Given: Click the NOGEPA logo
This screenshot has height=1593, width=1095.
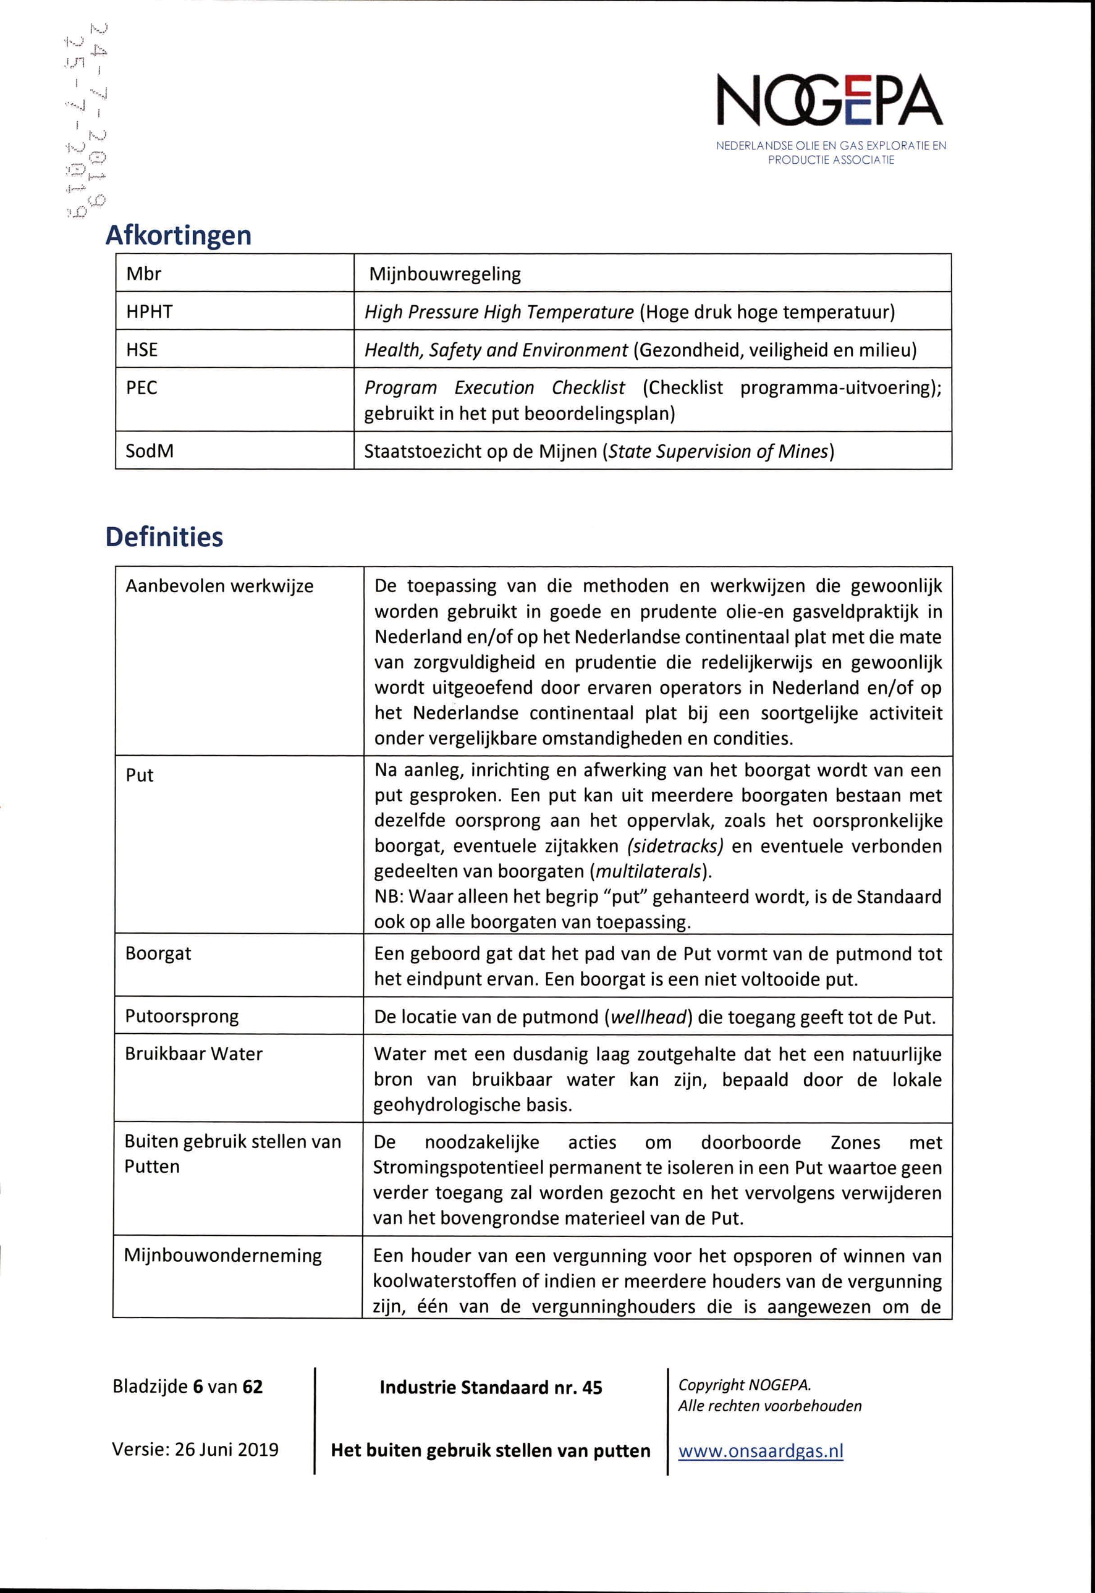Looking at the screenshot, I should click(x=830, y=117).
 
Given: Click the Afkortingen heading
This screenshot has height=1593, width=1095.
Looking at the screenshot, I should click(x=179, y=235).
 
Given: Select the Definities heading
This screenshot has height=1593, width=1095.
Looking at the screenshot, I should click(x=164, y=536).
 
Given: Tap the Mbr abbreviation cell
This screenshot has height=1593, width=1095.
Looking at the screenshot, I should click(x=143, y=274).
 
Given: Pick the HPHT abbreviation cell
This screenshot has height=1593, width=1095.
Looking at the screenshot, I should click(x=149, y=312).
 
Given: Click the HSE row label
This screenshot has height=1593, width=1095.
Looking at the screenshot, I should click(x=142, y=350).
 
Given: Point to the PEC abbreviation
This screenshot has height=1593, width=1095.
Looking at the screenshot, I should click(x=142, y=387).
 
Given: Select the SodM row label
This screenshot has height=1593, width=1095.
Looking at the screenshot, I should click(x=149, y=450).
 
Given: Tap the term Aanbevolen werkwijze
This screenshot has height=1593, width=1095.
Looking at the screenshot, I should click(x=219, y=586).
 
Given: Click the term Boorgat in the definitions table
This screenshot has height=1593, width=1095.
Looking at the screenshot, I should click(x=158, y=953).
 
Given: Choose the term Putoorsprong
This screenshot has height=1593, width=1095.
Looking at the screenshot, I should click(x=181, y=1016).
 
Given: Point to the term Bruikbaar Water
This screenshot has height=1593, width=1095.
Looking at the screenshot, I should click(x=193, y=1054).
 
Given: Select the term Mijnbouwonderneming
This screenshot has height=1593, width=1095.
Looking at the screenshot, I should click(x=222, y=1256).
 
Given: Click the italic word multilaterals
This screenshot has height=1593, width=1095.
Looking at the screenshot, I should click(x=649, y=871).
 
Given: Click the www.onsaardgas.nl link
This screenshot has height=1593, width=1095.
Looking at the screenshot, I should click(x=760, y=1451).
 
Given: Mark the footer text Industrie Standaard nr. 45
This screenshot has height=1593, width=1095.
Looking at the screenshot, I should click(x=491, y=1388).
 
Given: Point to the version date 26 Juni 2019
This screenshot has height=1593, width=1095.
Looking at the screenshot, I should click(x=226, y=1450).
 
